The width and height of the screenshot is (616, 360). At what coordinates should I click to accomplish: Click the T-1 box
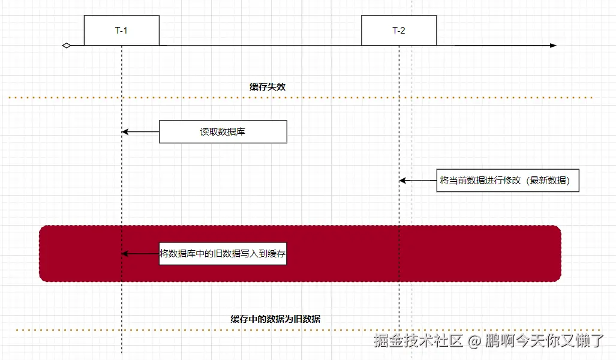click(121, 31)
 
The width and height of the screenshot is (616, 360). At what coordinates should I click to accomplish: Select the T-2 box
click(399, 31)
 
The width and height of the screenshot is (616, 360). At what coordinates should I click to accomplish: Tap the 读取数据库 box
click(223, 132)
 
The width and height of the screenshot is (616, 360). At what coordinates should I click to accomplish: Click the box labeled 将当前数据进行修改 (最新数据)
click(508, 180)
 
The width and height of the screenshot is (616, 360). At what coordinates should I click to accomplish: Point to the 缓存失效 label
click(268, 86)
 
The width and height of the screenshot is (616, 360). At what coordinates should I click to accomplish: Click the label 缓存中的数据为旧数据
click(275, 319)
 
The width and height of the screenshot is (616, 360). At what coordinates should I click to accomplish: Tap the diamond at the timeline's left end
click(67, 46)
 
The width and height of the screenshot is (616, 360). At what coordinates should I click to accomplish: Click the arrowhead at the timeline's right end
click(553, 46)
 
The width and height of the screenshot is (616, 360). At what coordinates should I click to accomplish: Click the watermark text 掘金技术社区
click(419, 341)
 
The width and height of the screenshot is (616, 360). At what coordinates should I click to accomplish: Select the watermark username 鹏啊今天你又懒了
click(545, 341)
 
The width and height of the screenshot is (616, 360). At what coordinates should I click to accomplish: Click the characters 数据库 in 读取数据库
click(231, 132)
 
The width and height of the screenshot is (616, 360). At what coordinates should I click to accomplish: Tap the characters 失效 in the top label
click(277, 86)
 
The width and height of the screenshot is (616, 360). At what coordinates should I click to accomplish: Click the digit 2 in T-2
click(403, 31)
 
